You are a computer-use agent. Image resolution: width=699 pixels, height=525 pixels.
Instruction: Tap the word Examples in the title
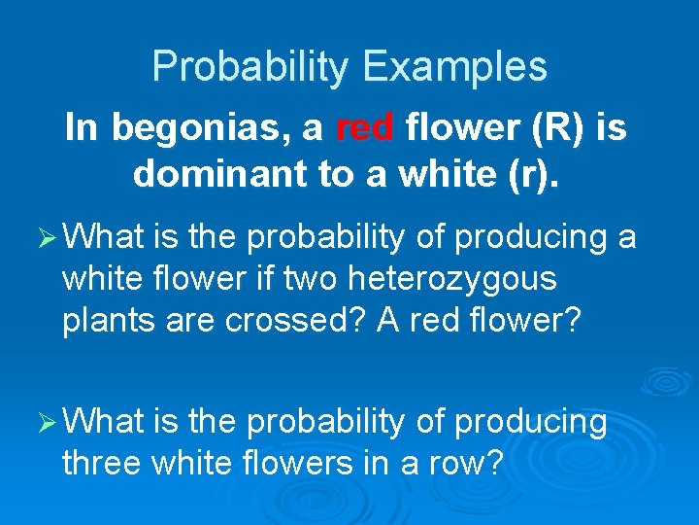point(454,67)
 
